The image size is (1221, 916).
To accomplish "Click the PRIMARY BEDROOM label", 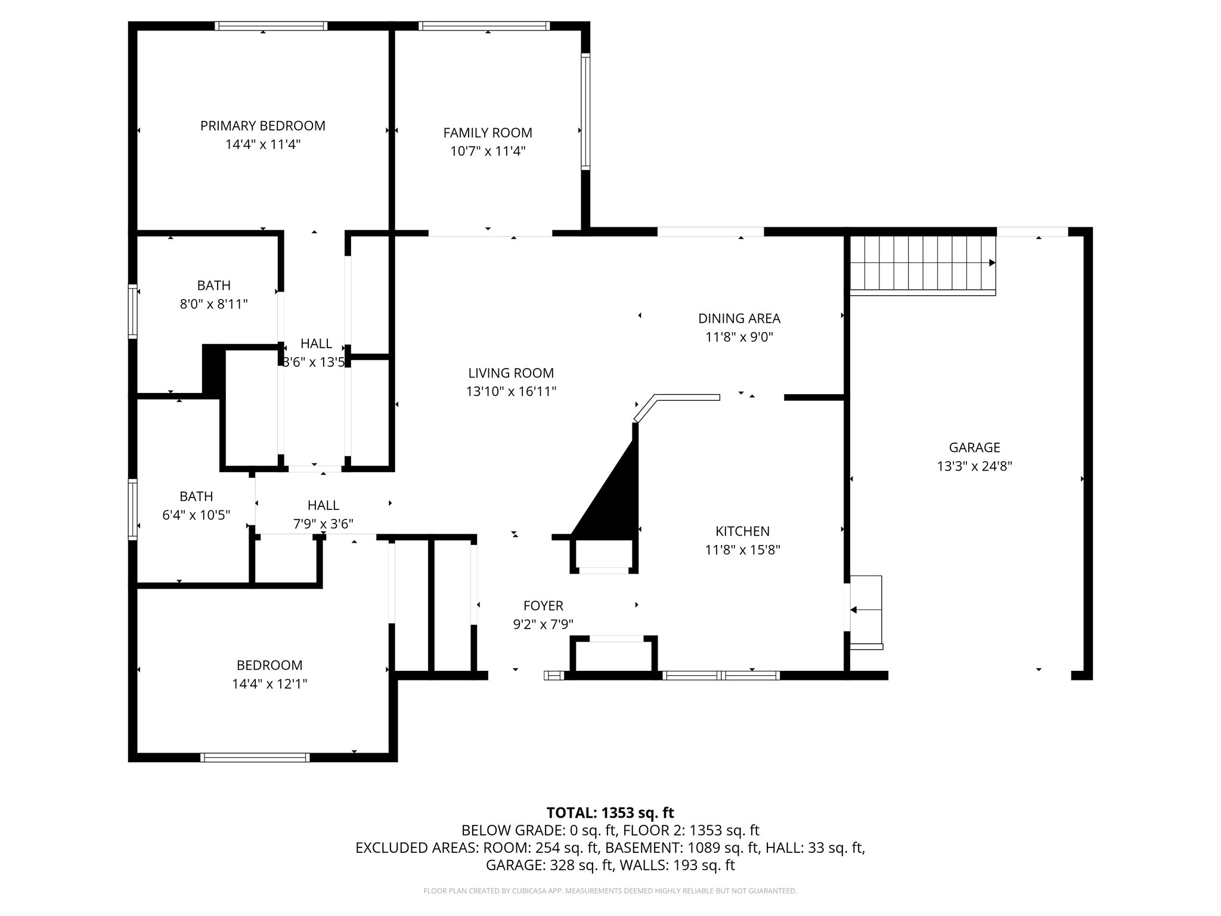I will tap(262, 126).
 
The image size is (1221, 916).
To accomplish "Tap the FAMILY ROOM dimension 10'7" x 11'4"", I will tap(488, 151).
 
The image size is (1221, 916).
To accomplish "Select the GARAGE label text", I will tap(974, 447).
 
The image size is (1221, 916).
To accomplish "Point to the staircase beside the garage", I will tap(922, 264).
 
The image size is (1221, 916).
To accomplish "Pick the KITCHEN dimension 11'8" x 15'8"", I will tap(742, 550).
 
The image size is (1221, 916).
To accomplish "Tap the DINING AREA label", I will tap(739, 318).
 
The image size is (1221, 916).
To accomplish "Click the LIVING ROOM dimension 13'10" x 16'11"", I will tap(511, 392).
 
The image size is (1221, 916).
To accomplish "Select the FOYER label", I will tap(543, 606).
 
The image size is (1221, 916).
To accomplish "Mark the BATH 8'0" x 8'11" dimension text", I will tap(213, 304).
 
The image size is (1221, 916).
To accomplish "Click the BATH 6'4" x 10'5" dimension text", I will tap(196, 515).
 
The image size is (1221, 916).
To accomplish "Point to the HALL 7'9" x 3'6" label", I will tap(323, 506).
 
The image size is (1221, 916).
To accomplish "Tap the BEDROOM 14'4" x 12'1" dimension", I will tap(269, 683).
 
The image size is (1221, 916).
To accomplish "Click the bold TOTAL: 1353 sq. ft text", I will tap(610, 813).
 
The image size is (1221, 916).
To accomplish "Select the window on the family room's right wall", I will tap(585, 112).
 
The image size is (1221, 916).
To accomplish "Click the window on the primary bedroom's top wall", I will tap(271, 26).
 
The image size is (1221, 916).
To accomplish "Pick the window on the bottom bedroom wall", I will tap(255, 757).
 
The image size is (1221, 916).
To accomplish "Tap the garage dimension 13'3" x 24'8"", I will tap(974, 466).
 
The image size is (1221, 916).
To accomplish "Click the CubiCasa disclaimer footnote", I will tap(610, 891).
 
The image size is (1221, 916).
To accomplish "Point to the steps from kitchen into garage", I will tap(866, 611).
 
